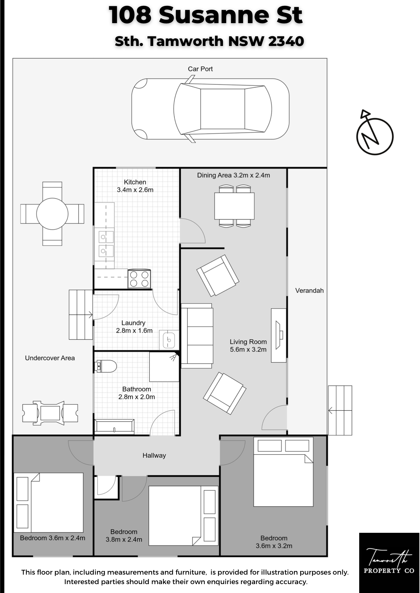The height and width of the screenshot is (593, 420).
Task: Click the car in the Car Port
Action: pos(210,109)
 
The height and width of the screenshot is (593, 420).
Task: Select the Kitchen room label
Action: pos(135,182)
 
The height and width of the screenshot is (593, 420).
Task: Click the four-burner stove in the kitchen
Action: pos(139,279)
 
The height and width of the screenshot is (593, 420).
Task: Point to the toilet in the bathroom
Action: pos(105,366)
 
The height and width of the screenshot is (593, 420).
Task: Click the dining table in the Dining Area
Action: pos(234,206)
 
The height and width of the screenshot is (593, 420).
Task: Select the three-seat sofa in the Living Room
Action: pos(197,336)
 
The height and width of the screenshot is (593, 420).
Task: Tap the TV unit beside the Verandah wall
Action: pos(279,335)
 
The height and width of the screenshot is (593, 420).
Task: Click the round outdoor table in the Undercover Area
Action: pos(52,213)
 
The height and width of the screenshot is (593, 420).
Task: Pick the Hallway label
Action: pos(154,455)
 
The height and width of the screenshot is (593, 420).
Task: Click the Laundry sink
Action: pos(169,339)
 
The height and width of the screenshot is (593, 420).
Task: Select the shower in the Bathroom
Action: pos(164,367)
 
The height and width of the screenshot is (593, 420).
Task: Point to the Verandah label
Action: pos(309,291)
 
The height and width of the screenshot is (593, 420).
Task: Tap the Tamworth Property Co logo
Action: pos(389,562)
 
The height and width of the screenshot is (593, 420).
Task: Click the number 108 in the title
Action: pos(130,15)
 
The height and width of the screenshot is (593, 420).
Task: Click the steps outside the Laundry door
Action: pos(81,315)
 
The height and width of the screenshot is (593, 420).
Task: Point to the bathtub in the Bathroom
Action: pos(114,427)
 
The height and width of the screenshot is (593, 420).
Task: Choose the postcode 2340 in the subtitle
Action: pos(286,41)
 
